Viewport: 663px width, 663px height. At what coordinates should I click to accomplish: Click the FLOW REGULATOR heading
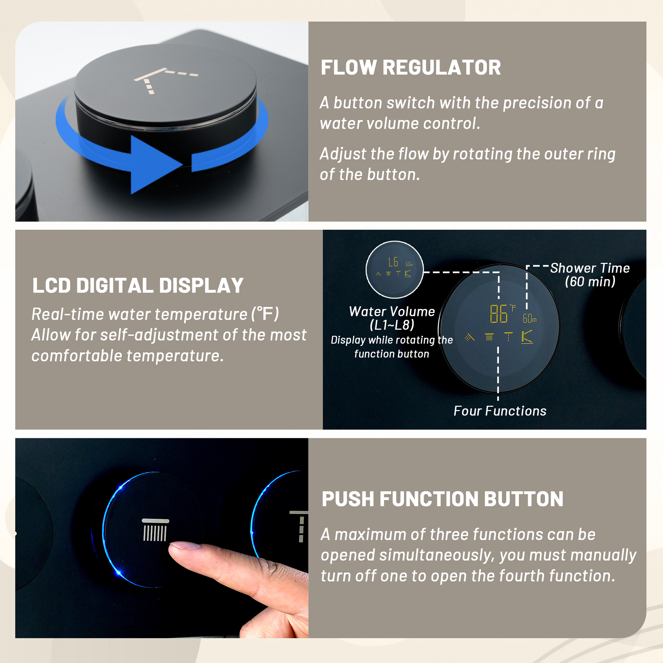pyautogui.click(x=410, y=67)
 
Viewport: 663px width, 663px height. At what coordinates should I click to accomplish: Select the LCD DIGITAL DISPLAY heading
pyautogui.click(x=138, y=285)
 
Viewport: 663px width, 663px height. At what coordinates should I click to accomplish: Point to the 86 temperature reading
pyautogui.click(x=498, y=314)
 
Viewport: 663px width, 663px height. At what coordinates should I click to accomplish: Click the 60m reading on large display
pyautogui.click(x=529, y=319)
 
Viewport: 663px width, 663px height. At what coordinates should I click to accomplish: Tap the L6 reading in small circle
pyautogui.click(x=393, y=262)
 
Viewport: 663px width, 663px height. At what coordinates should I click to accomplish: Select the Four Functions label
pyautogui.click(x=500, y=411)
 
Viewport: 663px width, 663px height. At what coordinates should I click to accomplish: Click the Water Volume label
pyautogui.click(x=392, y=312)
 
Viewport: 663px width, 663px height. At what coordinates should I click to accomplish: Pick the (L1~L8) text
pyautogui.click(x=392, y=325)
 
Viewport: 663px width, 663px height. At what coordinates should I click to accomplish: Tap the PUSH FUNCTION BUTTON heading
pyautogui.click(x=442, y=499)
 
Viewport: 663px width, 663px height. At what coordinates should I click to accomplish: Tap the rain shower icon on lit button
pyautogui.click(x=155, y=530)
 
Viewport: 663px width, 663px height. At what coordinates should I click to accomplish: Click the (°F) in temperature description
pyautogui.click(x=265, y=314)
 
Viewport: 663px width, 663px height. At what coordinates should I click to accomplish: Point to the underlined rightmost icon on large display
pyautogui.click(x=527, y=337)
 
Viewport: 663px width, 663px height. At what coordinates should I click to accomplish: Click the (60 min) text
pyautogui.click(x=590, y=282)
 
